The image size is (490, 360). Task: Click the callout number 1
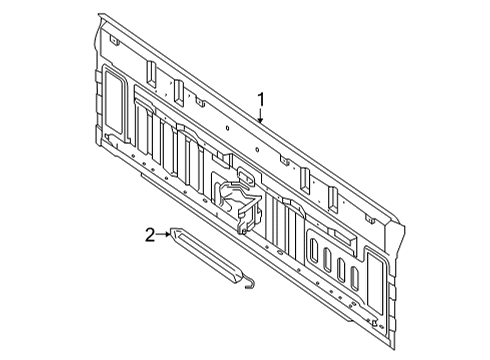(x=261, y=99)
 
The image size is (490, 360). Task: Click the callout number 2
(x=150, y=234)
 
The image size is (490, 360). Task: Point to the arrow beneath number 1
(x=261, y=116)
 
